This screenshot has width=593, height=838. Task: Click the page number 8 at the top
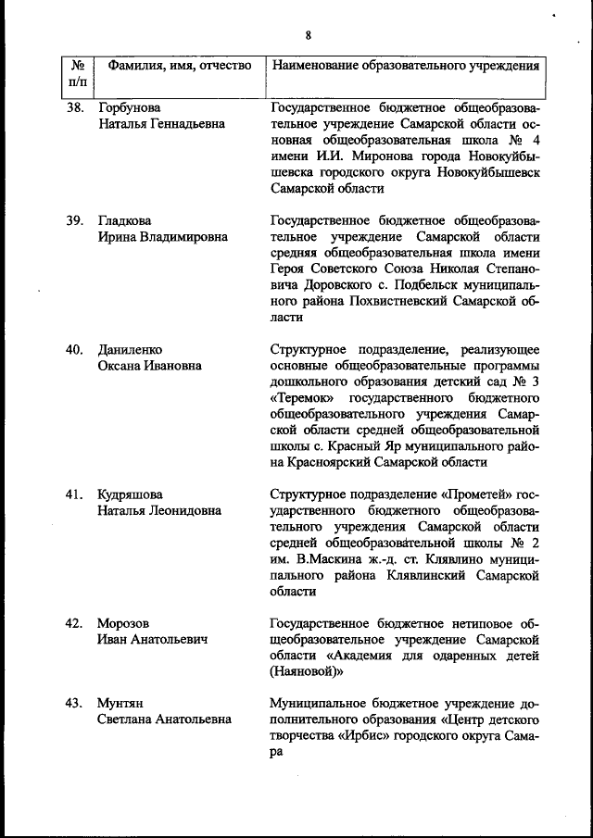tap(308, 37)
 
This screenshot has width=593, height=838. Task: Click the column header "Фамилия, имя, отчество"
tap(180, 67)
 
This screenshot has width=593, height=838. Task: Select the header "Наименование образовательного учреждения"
tap(405, 67)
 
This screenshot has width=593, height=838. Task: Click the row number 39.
tap(74, 220)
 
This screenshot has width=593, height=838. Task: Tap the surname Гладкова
tap(124, 220)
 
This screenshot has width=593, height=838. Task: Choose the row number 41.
tap(74, 494)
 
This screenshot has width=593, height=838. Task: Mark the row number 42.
tap(74, 623)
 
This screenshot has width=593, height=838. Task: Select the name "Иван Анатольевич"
tap(152, 639)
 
